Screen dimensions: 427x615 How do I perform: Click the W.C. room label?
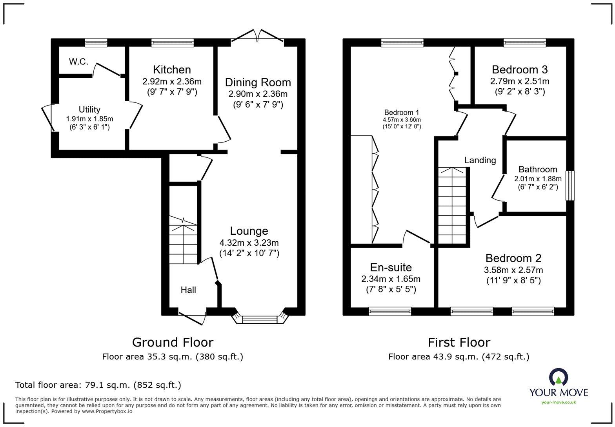click(78, 62)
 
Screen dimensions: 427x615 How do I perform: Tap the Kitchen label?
click(172, 70)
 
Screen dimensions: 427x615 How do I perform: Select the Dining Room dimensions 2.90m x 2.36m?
click(258, 94)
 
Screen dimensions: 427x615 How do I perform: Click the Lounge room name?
click(249, 231)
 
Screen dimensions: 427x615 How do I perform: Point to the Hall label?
click(188, 290)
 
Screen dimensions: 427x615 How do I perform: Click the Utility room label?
click(89, 109)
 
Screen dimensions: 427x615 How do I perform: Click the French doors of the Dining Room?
click(258, 36)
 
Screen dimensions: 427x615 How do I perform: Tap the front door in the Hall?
click(192, 317)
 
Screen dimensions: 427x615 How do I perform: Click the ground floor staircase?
click(183, 239)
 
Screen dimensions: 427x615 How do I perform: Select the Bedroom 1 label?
click(402, 113)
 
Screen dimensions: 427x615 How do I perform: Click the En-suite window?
click(390, 311)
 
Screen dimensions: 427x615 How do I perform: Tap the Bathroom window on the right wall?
click(570, 186)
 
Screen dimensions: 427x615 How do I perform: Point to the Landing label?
click(480, 160)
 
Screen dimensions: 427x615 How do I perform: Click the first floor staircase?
click(453, 206)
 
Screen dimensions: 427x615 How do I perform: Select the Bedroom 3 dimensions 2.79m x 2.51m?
click(519, 82)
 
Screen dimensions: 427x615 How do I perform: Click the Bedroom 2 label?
click(513, 258)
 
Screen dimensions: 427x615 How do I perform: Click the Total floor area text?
click(98, 385)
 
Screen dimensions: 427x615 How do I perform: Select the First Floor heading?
click(459, 343)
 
